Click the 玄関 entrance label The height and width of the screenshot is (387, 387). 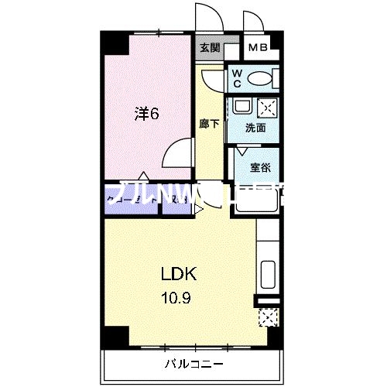tap(209, 48)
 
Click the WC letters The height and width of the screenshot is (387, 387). tap(238, 79)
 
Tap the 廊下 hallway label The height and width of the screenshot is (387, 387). tap(208, 122)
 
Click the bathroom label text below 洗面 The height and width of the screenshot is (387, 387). tap(259, 165)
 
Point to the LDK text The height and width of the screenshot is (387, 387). tap(179, 275)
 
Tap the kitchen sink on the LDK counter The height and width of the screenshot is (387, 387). tap(268, 275)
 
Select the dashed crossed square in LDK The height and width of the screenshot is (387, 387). tap(269, 317)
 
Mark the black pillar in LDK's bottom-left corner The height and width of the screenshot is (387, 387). tap(112, 335)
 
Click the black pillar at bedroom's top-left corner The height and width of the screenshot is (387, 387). tap(113, 43)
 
